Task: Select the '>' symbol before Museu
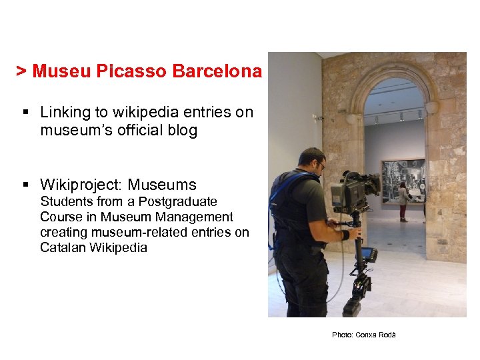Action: click(x=21, y=71)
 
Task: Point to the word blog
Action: click(x=183, y=130)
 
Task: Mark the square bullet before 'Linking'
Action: click(x=24, y=112)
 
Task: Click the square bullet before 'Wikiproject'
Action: click(x=24, y=184)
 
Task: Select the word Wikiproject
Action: click(x=81, y=185)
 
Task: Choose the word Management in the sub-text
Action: click(x=195, y=217)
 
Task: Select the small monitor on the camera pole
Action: click(x=368, y=254)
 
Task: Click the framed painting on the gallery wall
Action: click(x=403, y=180)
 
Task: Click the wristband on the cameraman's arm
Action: click(x=345, y=235)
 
